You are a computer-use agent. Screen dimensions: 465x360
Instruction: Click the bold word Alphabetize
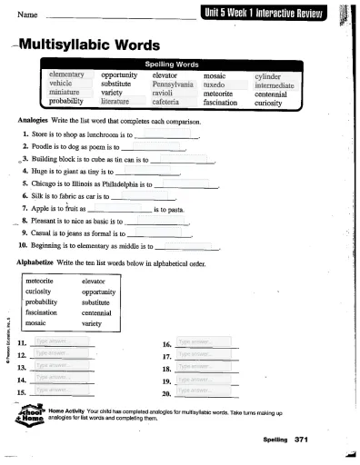click(39, 262)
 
